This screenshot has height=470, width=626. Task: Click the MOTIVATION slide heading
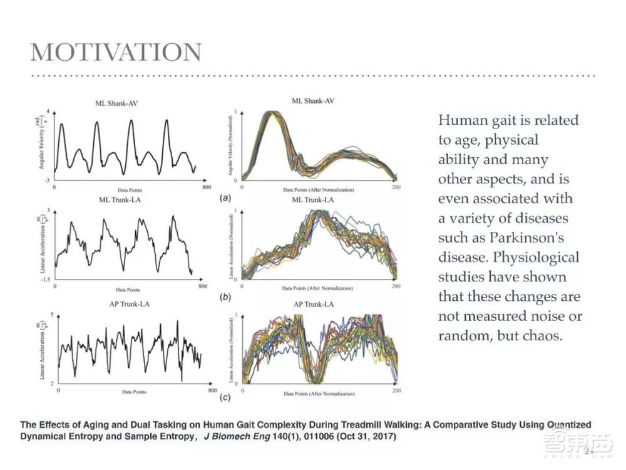(x=116, y=53)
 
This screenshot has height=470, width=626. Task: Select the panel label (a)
(x=223, y=197)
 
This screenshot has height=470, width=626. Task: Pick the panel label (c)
(x=224, y=398)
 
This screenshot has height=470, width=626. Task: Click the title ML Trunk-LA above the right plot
(x=313, y=200)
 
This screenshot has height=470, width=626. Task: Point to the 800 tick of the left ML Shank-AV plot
(x=202, y=187)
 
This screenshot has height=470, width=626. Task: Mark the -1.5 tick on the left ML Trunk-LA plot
(x=47, y=280)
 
